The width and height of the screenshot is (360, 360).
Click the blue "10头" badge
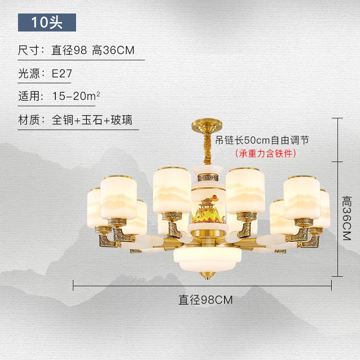[x=47, y=22]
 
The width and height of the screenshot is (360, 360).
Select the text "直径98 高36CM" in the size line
[x=93, y=50]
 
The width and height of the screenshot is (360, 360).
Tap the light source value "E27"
[x=62, y=73]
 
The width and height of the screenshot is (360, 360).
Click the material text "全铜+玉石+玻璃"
[x=92, y=120]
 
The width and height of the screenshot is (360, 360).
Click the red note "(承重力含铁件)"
[x=265, y=153]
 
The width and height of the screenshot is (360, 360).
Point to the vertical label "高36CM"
[x=346, y=218]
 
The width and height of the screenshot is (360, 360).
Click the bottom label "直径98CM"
[x=206, y=300]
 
